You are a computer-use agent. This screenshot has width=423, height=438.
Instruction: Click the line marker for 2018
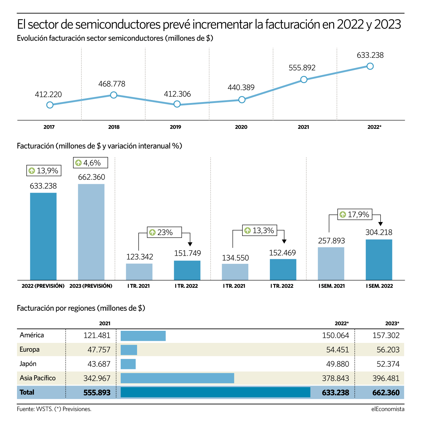click(x=114, y=95)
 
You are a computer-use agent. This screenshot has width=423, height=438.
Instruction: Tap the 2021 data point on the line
click(x=304, y=79)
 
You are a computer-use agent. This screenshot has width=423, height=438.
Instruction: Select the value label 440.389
click(x=241, y=87)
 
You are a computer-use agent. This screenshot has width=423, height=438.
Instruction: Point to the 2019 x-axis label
click(x=175, y=127)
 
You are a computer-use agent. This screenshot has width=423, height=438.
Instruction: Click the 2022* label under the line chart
click(x=374, y=127)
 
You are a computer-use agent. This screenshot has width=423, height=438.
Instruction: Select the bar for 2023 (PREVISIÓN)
click(x=91, y=232)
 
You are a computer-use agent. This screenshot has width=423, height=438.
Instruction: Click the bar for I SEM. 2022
click(x=379, y=260)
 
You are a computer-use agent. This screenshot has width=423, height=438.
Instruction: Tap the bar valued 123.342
click(x=139, y=272)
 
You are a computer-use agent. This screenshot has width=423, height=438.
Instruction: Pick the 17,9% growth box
click(x=354, y=214)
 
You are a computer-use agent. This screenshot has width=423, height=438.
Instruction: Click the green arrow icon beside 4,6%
click(x=78, y=163)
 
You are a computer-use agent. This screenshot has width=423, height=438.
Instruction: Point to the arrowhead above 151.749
click(x=190, y=244)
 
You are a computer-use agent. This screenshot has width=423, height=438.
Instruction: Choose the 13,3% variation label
click(x=260, y=230)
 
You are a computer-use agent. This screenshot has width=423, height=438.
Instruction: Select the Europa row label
click(x=29, y=349)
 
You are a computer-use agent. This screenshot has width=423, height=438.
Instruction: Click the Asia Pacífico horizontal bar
click(x=177, y=378)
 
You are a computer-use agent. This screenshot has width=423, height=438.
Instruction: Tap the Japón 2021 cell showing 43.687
click(x=99, y=364)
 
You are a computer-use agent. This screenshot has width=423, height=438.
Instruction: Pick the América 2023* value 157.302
click(x=386, y=335)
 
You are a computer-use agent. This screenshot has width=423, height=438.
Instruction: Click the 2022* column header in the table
click(x=342, y=324)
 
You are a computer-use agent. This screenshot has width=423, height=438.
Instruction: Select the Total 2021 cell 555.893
click(x=97, y=393)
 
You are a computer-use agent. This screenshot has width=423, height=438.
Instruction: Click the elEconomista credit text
click(x=388, y=409)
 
